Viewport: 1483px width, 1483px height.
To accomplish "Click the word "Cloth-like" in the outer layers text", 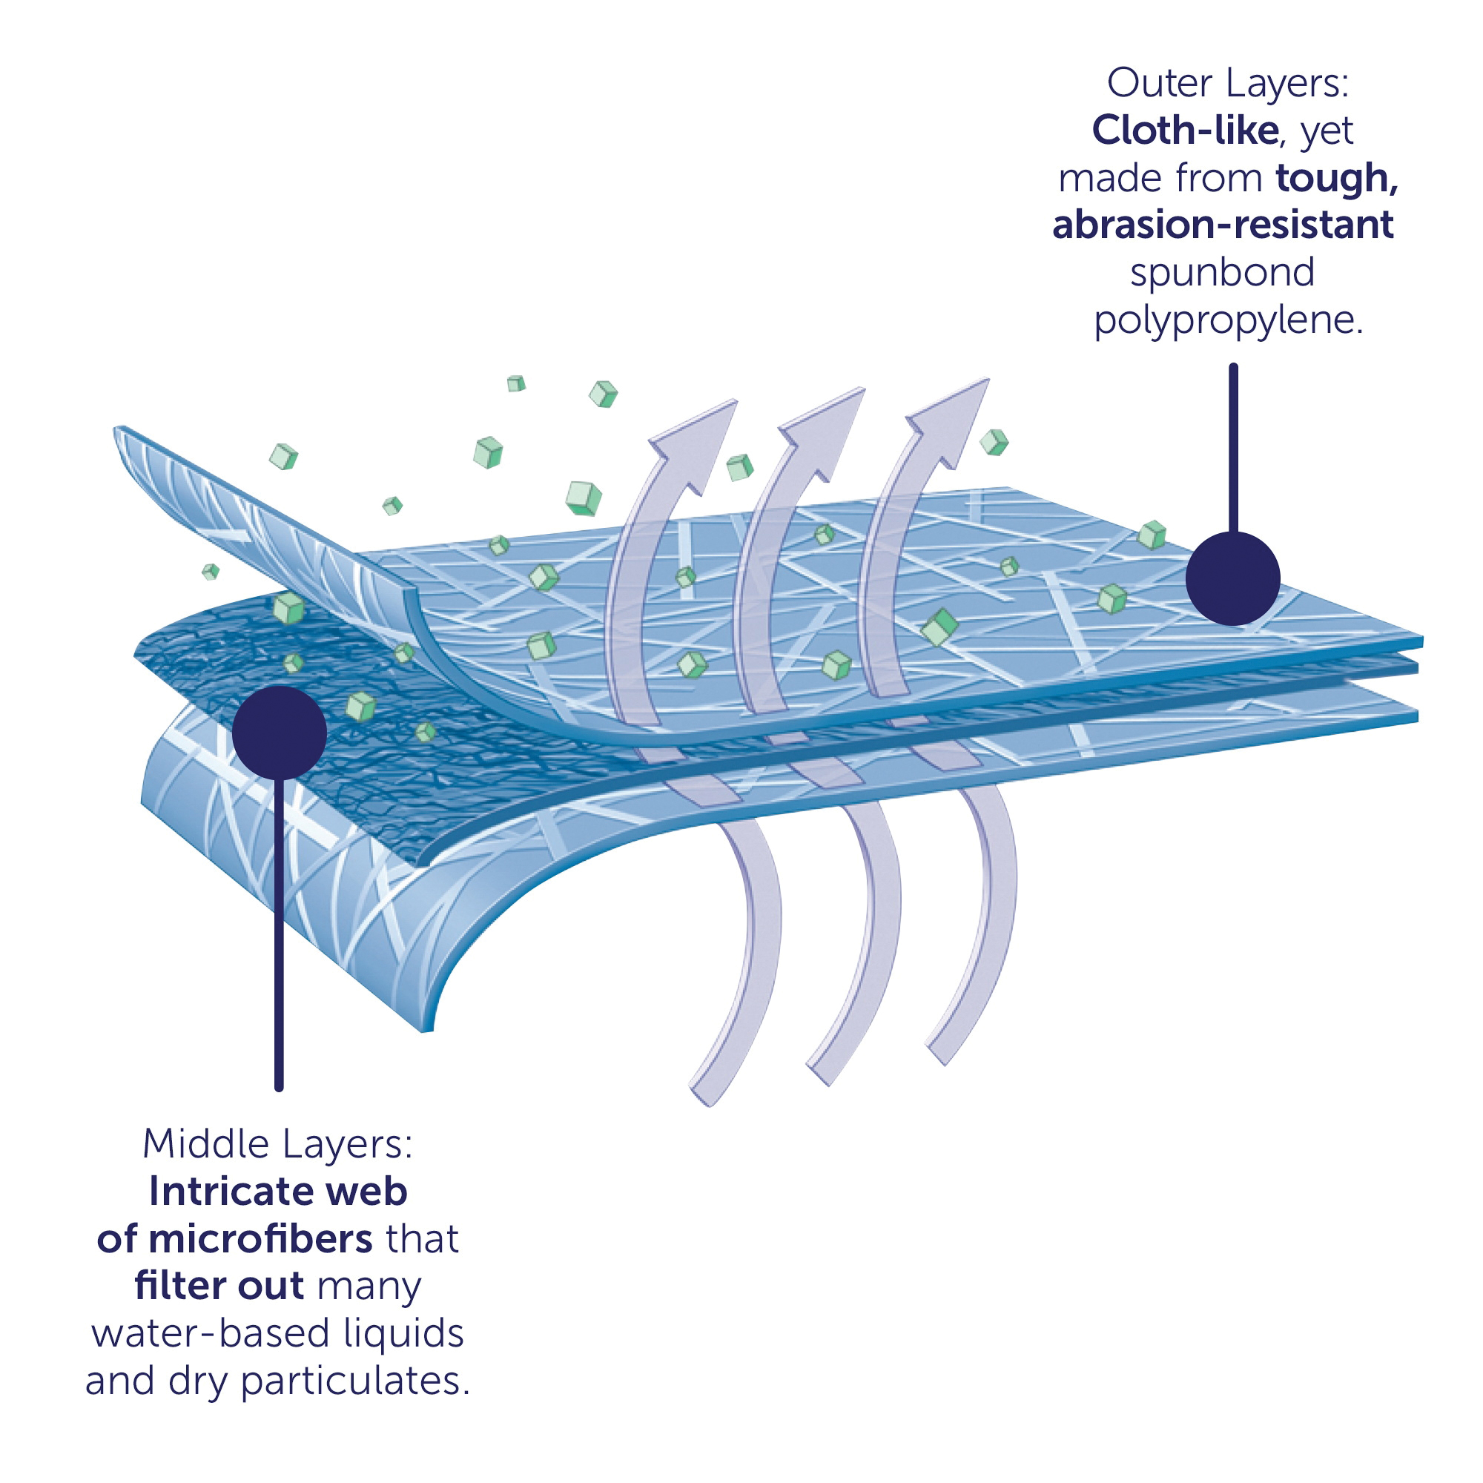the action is pos(1185,131).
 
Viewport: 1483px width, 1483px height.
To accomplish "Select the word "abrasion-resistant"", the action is pos(1223,225).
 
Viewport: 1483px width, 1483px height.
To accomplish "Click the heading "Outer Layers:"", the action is pos(1227,83).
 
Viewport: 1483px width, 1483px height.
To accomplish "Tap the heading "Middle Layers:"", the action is pos(278,1143).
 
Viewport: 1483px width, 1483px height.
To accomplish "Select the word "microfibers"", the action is pos(261,1240).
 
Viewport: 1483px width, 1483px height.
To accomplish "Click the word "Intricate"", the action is pos(230,1192).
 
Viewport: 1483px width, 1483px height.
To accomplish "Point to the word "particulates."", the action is pos(354,1381).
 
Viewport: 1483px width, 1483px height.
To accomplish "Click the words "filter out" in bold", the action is pos(219,1287).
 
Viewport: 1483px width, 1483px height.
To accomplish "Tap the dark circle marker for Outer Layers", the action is pos(1233,579).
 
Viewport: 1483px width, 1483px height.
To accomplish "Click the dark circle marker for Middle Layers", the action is pos(280,733).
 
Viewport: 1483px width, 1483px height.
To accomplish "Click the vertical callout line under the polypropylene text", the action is pos(1234,449).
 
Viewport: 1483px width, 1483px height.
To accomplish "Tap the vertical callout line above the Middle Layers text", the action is pos(279,934).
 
